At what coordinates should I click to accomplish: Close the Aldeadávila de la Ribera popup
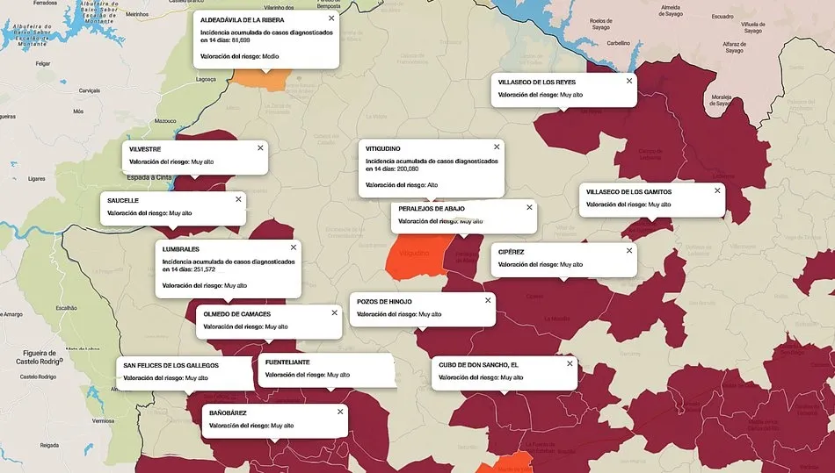[x=331, y=18]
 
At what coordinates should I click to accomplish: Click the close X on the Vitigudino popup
[x=497, y=147]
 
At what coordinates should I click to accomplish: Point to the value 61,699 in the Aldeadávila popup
[x=238, y=39]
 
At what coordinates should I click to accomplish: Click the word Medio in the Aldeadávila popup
[x=271, y=56]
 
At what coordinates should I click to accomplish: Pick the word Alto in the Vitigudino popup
[x=432, y=185]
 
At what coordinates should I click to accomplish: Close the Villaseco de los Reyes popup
[x=629, y=81]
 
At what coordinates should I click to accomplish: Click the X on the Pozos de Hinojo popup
[x=488, y=300]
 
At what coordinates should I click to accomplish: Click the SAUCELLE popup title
[x=123, y=200]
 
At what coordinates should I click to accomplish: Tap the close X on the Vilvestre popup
[x=260, y=147]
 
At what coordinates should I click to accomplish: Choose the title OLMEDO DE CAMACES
[x=237, y=313]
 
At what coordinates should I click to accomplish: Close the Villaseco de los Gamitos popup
[x=717, y=190]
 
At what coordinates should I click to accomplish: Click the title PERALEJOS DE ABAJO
[x=432, y=208]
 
